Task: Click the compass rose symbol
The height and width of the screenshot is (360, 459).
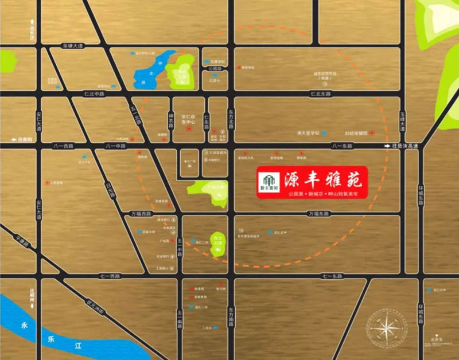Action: (x=388, y=328)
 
